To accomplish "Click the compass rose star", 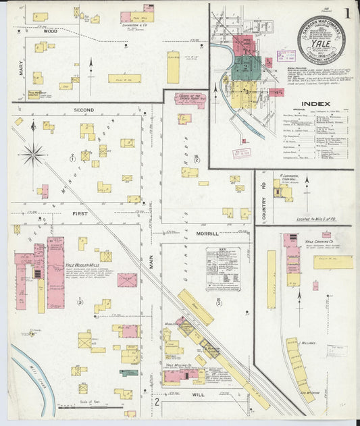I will (32, 155).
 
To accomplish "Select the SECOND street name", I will (84, 109).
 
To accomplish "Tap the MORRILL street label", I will (207, 234).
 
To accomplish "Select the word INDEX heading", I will (315, 104).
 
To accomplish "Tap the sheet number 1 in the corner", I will (346, 14).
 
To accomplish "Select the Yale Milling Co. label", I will (180, 365).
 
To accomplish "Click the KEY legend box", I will (223, 268).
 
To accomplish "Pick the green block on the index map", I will (247, 68).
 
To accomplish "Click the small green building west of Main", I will (128, 372).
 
